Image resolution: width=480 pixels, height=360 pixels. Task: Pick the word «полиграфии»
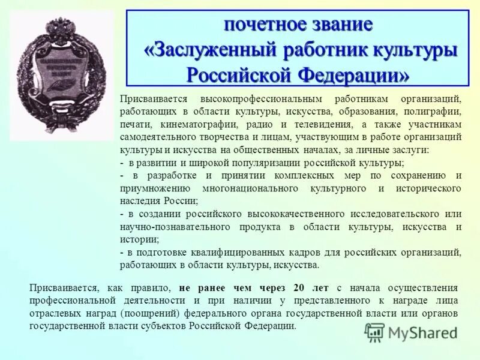click(437, 112)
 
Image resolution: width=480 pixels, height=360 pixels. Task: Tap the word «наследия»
click(139, 201)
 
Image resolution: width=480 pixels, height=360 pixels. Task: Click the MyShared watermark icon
click(374, 332)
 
